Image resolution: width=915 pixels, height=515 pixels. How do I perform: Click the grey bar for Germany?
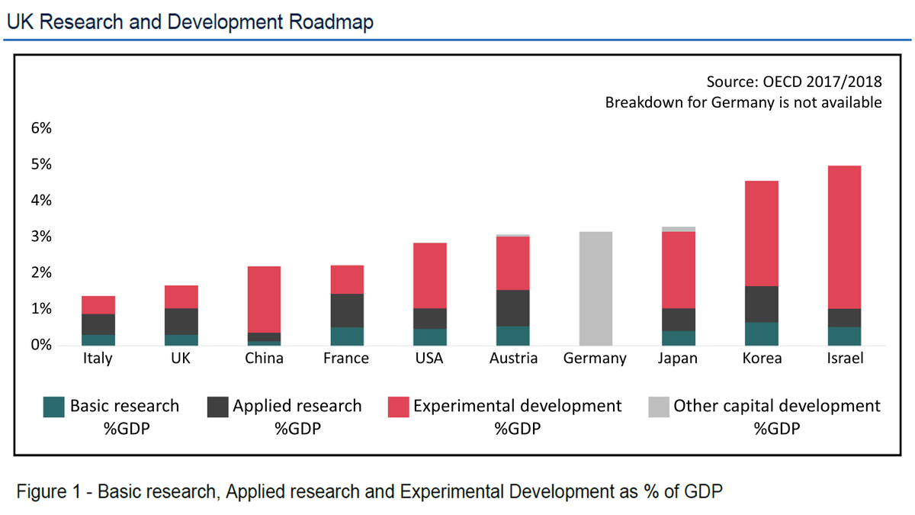pos(596,288)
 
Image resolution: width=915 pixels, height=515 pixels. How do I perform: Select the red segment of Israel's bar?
pos(844,237)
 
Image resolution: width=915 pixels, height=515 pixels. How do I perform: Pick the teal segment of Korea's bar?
pos(761,333)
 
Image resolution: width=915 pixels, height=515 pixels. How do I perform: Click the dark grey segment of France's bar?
pos(347,311)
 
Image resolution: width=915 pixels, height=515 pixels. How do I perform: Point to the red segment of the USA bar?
pos(430,275)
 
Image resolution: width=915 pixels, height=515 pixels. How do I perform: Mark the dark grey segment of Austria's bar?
pos(512,308)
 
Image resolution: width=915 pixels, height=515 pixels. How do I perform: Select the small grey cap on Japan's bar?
pos(679,229)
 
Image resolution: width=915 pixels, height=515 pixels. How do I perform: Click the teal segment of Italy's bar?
pos(98,340)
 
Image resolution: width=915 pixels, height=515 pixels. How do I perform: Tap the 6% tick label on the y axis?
pos(40,128)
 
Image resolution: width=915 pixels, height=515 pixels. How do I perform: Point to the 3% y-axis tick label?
pos(40,237)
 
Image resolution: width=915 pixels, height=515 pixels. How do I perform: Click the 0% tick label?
pos(40,346)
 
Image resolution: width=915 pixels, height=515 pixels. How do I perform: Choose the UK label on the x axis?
pos(181,359)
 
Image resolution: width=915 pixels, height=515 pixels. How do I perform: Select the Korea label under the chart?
pos(761,359)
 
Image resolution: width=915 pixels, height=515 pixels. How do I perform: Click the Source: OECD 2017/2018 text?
pos(795,82)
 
